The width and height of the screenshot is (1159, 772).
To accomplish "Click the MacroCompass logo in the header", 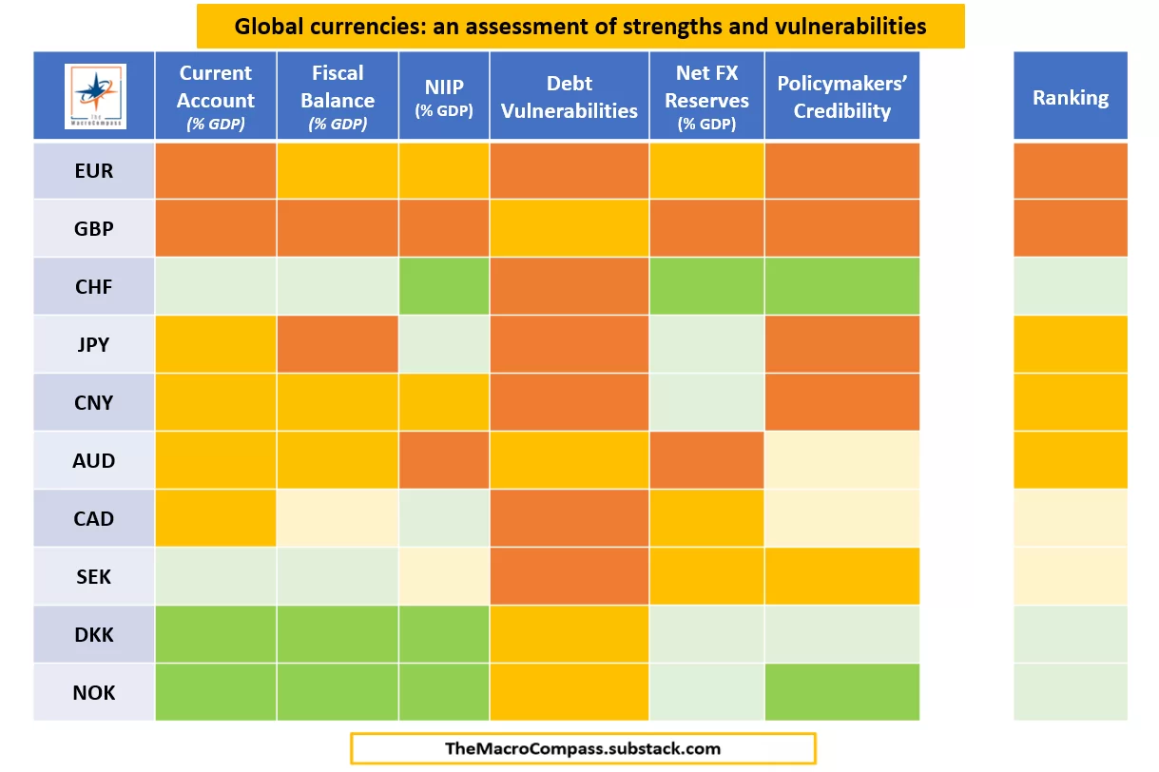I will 94,96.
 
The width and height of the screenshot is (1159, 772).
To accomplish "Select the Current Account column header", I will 216,96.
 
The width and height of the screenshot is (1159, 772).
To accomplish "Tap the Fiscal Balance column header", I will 338,96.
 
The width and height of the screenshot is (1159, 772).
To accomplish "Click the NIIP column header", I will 444,96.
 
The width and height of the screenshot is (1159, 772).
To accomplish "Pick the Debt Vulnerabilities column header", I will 570,96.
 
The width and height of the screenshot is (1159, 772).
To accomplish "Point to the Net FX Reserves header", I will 706,96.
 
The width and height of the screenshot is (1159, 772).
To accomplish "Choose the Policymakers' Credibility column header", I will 841,96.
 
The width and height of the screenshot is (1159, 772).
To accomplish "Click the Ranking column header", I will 1071,97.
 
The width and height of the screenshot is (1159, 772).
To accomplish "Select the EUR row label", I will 94,171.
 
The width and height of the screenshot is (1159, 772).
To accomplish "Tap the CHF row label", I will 94,287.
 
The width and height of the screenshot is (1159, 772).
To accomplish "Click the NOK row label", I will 94,692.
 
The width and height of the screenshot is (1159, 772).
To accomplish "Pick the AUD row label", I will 94,461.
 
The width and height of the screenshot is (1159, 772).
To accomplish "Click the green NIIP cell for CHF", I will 444,287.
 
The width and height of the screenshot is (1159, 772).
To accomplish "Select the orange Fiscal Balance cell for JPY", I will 338,344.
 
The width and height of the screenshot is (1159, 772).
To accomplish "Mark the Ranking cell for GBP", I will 1071,228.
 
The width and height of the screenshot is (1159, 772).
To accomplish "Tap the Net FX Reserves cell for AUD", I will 706,461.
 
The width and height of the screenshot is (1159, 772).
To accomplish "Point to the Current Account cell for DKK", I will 216,634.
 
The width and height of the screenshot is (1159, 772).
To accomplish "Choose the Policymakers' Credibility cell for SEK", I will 841,576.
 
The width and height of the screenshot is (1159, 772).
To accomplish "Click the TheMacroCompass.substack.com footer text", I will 583,748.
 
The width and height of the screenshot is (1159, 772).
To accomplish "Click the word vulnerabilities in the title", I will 848,26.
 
